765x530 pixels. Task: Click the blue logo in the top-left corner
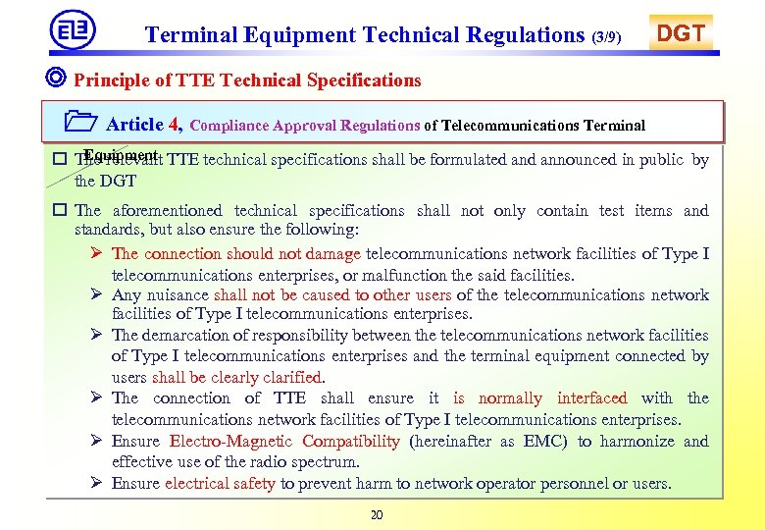pyautogui.click(x=73, y=29)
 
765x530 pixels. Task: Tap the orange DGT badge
pyautogui.click(x=680, y=33)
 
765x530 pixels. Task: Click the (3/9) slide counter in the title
pyautogui.click(x=606, y=37)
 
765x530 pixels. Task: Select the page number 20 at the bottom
pyautogui.click(x=378, y=516)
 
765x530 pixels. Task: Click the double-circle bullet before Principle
pyautogui.click(x=58, y=79)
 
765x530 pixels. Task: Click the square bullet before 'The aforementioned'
pyautogui.click(x=60, y=210)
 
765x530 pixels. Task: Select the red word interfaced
pyautogui.click(x=591, y=397)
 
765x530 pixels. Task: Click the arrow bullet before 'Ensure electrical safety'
pyautogui.click(x=97, y=483)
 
